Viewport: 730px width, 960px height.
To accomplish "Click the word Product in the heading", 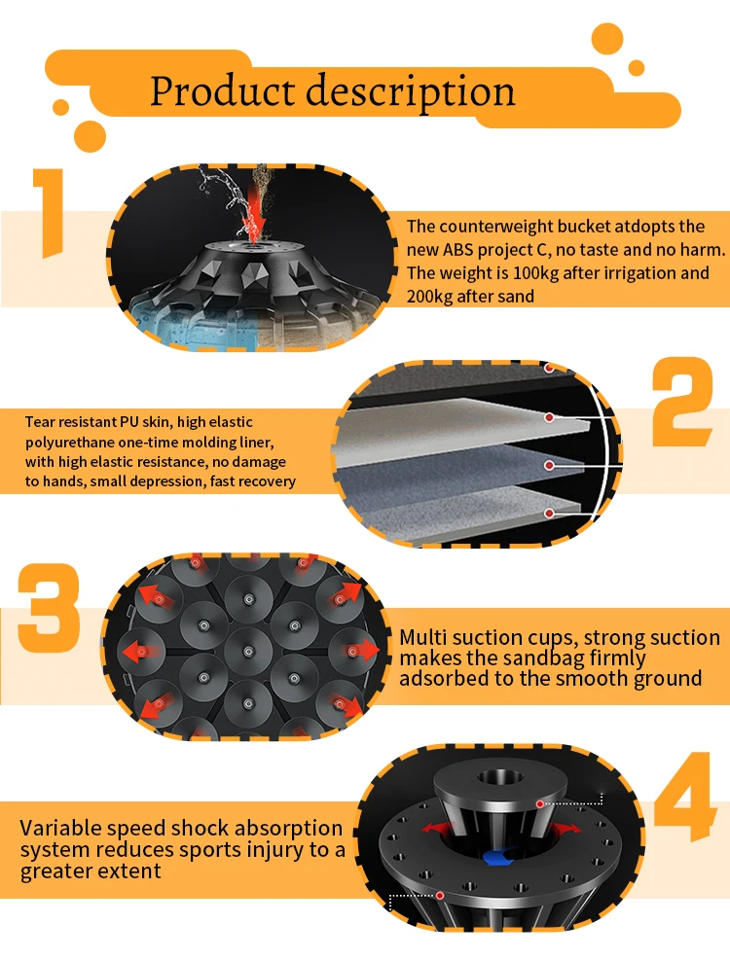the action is click(223, 91).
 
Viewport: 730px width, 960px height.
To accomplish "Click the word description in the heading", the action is click(410, 93).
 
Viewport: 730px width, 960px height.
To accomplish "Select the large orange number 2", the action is click(681, 402).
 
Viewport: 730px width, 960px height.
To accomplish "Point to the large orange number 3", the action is click(49, 607).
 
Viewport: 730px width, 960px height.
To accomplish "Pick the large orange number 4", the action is click(684, 797).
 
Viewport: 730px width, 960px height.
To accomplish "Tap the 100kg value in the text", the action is click(535, 273).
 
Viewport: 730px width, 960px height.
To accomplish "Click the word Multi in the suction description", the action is click(423, 637).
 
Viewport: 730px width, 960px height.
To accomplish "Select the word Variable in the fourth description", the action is click(61, 828).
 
